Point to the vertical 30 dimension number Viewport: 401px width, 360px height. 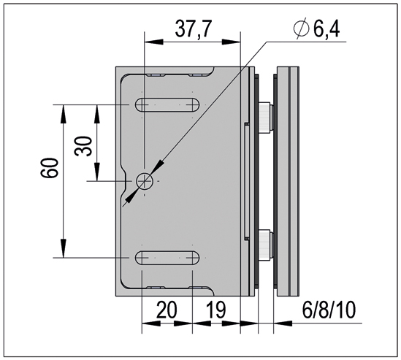85,142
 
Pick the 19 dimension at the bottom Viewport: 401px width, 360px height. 216,310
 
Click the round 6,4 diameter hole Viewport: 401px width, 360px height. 145,180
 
